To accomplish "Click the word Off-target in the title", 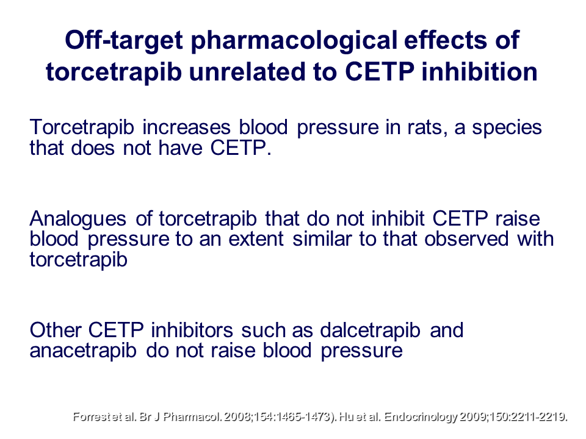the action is pos(124,40).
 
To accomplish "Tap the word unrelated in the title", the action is pos(248,72).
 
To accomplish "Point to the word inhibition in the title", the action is pos(480,72).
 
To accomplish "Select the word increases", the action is pos(187,127).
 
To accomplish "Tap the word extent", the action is pos(256,239).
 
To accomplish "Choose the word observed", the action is pos(466,239).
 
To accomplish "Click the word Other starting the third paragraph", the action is pos(56,330).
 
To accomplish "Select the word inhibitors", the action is pos(192,330).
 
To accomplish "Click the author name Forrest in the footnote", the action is pos(90,416).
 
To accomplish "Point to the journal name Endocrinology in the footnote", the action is pos(421,417).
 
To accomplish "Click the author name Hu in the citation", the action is pos(347,416).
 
